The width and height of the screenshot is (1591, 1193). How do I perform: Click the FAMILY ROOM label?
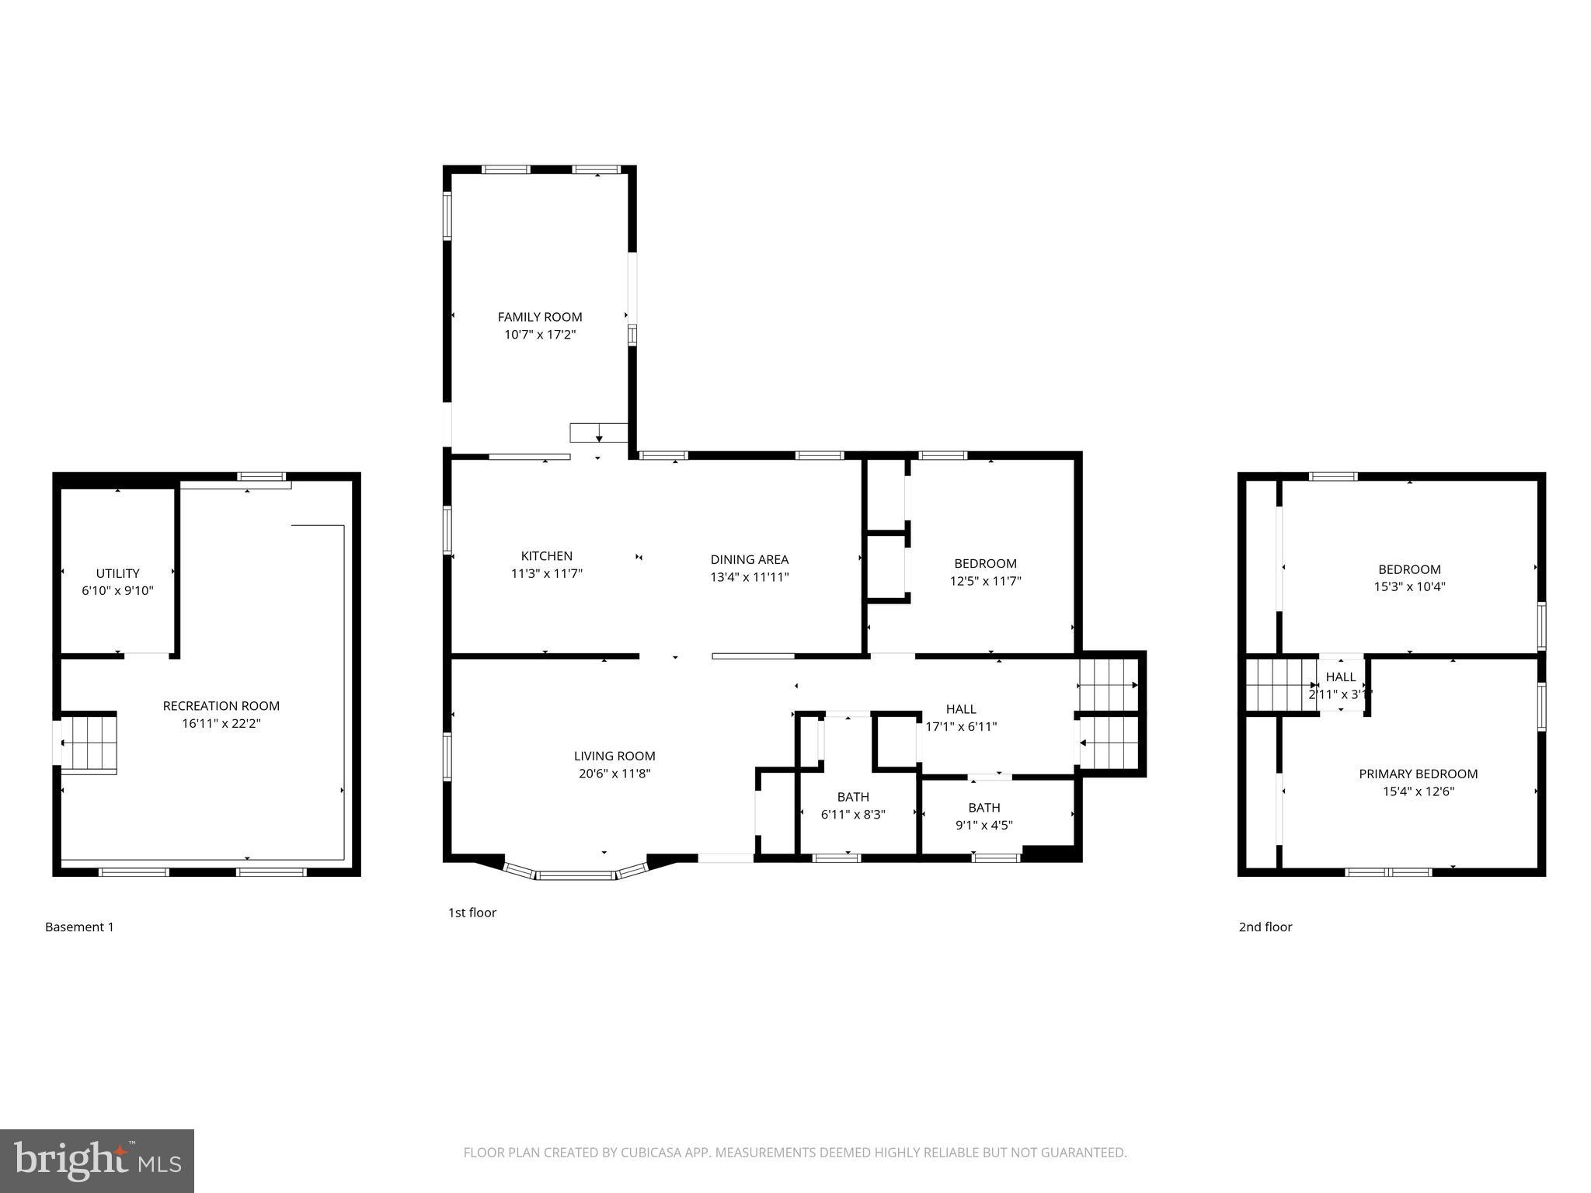[540, 317]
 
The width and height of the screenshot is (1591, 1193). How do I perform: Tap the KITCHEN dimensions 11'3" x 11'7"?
[546, 574]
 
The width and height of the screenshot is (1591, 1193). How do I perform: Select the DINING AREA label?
[749, 559]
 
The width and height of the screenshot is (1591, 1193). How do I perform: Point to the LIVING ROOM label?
[614, 756]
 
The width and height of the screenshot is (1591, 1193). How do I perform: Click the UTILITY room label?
[117, 573]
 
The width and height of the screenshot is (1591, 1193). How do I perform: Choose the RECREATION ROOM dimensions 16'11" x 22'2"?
[221, 724]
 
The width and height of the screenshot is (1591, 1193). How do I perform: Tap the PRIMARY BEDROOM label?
[1418, 774]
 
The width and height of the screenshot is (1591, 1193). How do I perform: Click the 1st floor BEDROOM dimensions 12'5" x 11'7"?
[985, 581]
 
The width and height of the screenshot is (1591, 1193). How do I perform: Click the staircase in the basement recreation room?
[89, 743]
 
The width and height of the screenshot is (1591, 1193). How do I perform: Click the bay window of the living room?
[575, 874]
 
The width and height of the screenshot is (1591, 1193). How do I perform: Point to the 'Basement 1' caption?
[79, 927]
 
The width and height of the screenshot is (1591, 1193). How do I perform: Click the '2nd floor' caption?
[1265, 927]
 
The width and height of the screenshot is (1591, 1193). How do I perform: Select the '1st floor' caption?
[472, 913]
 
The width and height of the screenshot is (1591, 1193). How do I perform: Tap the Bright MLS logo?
[96, 1161]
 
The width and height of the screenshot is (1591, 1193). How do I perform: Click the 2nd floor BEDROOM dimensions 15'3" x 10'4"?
[1409, 587]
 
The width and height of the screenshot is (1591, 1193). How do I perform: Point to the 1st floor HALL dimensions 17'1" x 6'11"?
[961, 727]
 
